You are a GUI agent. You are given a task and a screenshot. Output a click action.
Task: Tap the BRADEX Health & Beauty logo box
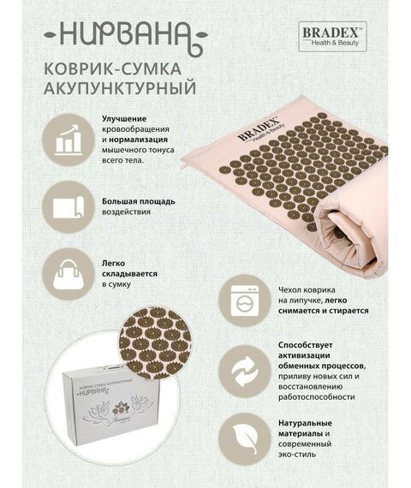332,35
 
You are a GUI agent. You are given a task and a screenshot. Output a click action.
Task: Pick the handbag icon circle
68,273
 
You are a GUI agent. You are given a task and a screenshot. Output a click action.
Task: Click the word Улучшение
124,118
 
